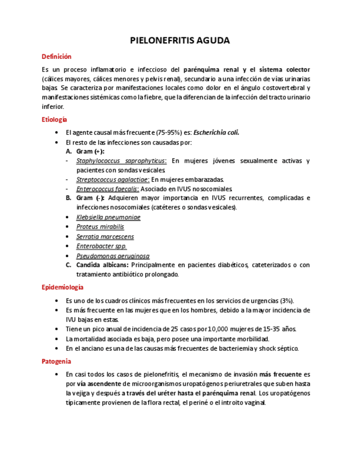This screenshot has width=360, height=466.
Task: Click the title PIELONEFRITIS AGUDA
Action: [180, 41]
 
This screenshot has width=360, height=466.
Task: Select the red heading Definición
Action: [57, 57]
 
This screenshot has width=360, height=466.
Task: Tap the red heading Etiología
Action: [54, 119]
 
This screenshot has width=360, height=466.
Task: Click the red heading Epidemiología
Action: [62, 287]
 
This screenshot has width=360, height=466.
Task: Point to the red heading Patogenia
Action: [56, 361]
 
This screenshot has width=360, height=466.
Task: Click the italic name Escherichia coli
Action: [216, 132]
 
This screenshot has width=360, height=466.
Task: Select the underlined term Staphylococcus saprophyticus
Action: [121, 160]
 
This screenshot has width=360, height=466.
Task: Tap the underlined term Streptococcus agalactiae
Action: [113, 179]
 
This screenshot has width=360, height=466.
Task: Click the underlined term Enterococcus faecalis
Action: [107, 188]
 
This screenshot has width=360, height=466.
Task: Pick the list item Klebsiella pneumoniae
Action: [108, 217]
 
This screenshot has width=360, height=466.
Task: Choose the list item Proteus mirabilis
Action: [100, 226]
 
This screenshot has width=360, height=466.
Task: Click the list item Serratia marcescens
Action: [105, 236]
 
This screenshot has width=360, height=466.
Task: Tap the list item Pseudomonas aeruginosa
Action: [113, 256]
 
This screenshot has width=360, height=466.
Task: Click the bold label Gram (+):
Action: [90, 151]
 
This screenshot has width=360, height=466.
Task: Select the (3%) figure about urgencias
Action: [286, 301]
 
